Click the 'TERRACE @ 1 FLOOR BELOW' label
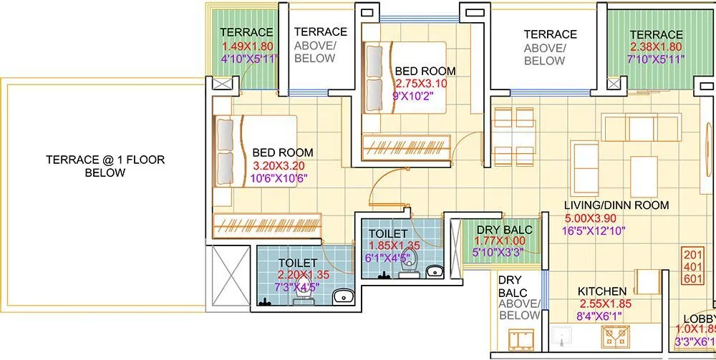[x=105, y=166]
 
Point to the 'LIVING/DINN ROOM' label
[x=616, y=205]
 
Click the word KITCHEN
[x=602, y=292]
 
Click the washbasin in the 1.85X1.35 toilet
[x=434, y=271]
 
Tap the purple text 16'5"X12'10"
[x=595, y=230]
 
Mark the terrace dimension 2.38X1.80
[x=656, y=48]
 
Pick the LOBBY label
[x=698, y=319]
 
